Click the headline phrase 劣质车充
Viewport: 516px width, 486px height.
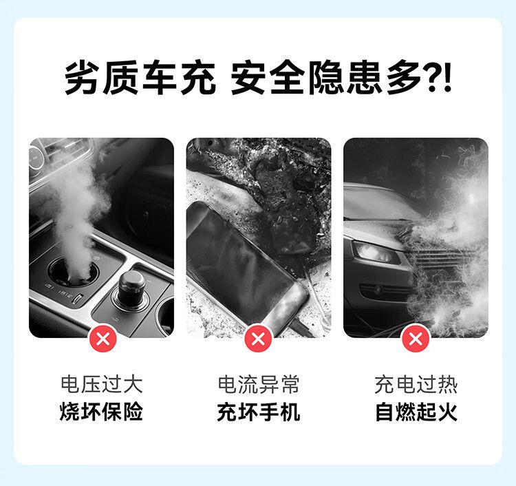[140, 78]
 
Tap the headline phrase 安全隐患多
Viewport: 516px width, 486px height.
[326, 78]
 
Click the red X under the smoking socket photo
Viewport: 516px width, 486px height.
[103, 338]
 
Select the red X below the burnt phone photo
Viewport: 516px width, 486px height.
[258, 338]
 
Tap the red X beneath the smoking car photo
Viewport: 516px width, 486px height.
[416, 338]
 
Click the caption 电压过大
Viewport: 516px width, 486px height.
[102, 384]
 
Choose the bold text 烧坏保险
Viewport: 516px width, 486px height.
[102, 412]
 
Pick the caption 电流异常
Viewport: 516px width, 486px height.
[259, 384]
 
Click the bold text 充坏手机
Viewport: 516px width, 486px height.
[259, 412]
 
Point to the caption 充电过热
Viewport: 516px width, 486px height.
[416, 384]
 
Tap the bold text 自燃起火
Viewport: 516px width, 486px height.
[416, 412]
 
